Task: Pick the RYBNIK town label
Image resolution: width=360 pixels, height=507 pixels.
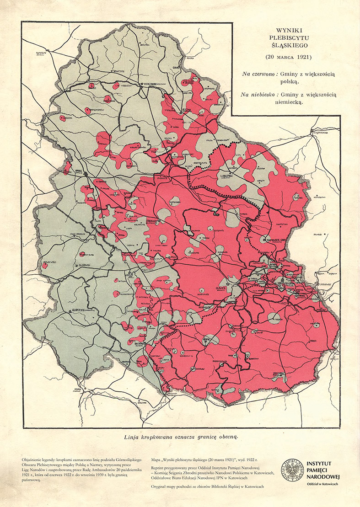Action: coord(207,339)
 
